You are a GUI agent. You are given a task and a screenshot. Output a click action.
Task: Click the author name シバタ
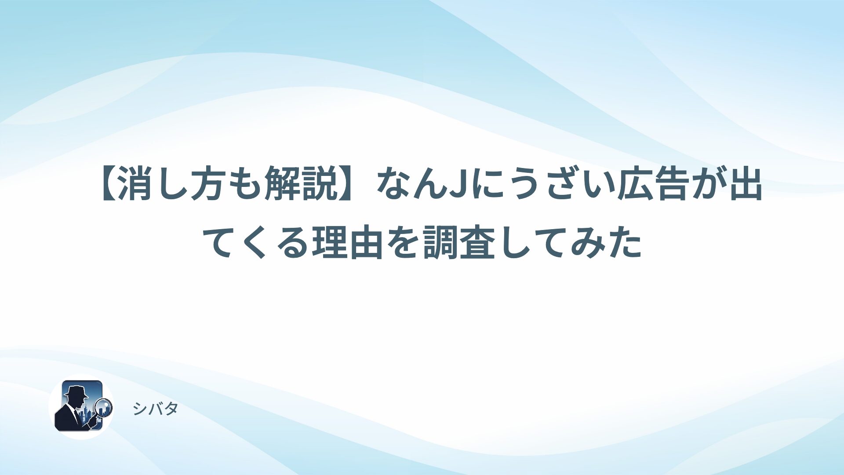pyautogui.click(x=155, y=409)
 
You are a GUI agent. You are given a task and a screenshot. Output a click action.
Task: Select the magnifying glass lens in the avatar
pyautogui.click(x=104, y=407)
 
